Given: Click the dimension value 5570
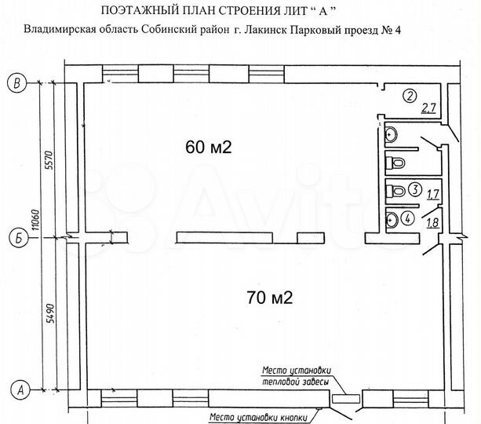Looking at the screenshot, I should pyautogui.click(x=48, y=159).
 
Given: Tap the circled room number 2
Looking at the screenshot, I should pyautogui.click(x=408, y=97).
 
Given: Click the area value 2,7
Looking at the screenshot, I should pyautogui.click(x=428, y=109).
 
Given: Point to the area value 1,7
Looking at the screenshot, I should pyautogui.click(x=432, y=191).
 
